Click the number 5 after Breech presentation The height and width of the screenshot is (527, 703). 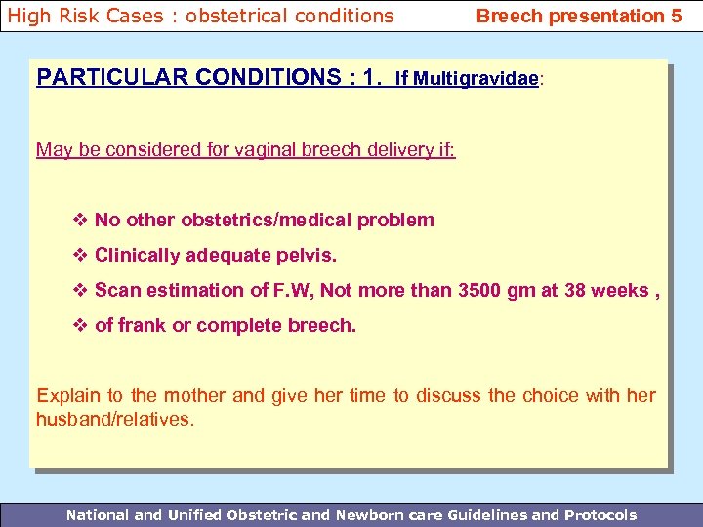click(676, 16)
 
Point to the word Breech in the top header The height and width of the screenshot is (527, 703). click(508, 16)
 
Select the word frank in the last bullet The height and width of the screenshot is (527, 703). click(142, 325)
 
